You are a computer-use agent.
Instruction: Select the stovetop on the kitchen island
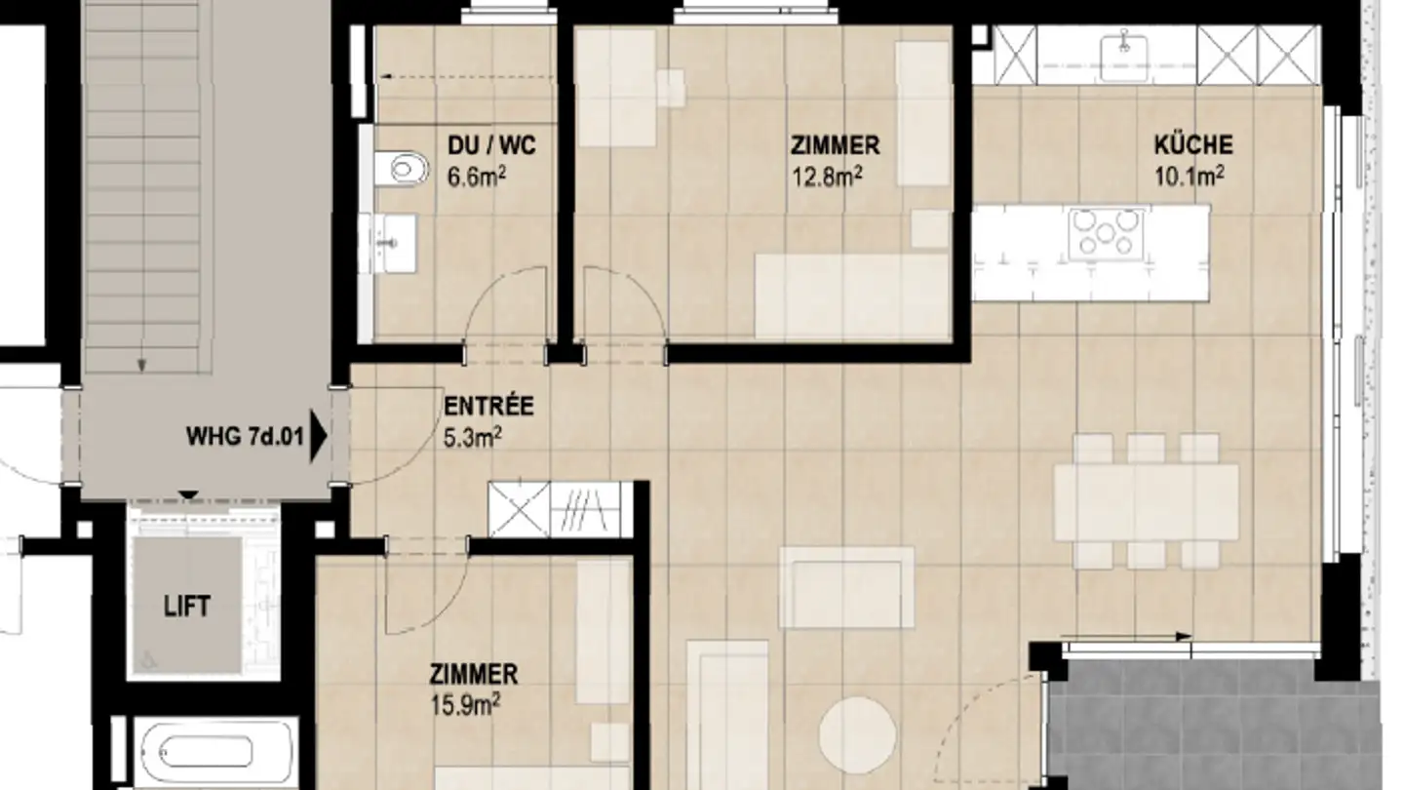(1105, 233)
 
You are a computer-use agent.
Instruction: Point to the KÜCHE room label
(1192, 146)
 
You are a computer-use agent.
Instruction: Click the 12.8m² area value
(829, 176)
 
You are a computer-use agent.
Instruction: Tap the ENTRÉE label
(488, 406)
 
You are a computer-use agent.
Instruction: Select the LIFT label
(186, 607)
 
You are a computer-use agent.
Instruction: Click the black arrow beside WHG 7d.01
(318, 438)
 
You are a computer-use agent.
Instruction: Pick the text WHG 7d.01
(245, 437)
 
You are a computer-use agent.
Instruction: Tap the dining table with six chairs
(1146, 503)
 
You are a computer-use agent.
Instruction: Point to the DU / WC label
(491, 147)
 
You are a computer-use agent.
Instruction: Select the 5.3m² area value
(472, 437)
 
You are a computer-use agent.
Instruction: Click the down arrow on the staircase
(142, 364)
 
